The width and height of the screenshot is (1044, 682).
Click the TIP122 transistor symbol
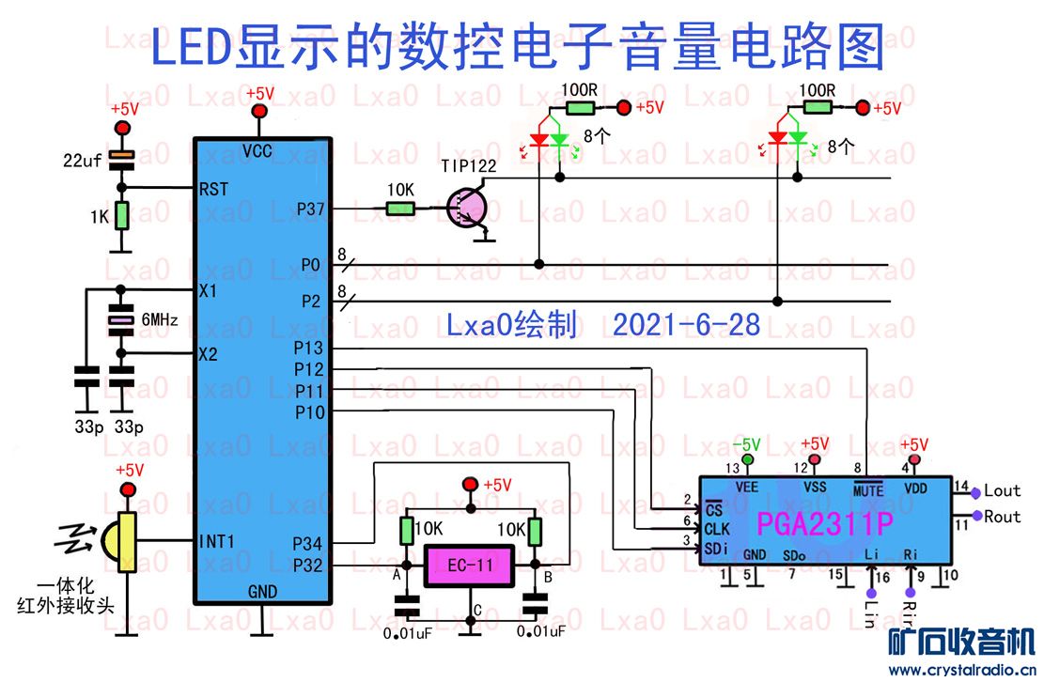point(466,209)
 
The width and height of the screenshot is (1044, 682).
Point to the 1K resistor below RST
point(120,217)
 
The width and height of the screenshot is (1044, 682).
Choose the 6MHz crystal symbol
point(120,322)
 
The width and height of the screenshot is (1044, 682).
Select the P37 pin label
point(310,209)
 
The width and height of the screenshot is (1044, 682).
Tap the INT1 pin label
point(218,541)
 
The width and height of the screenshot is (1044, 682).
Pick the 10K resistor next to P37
point(398,209)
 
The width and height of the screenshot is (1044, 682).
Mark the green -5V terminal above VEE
point(748,459)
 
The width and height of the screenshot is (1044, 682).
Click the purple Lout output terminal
point(976,491)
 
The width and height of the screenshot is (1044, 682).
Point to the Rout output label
point(1003,516)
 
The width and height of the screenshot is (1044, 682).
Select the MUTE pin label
point(868,489)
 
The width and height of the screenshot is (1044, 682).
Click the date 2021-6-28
point(686,325)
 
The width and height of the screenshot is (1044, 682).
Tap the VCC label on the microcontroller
point(258,151)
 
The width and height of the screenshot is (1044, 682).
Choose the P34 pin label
point(308,542)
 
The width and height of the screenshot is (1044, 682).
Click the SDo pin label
point(794,555)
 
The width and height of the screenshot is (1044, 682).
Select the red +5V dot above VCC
point(259,113)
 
